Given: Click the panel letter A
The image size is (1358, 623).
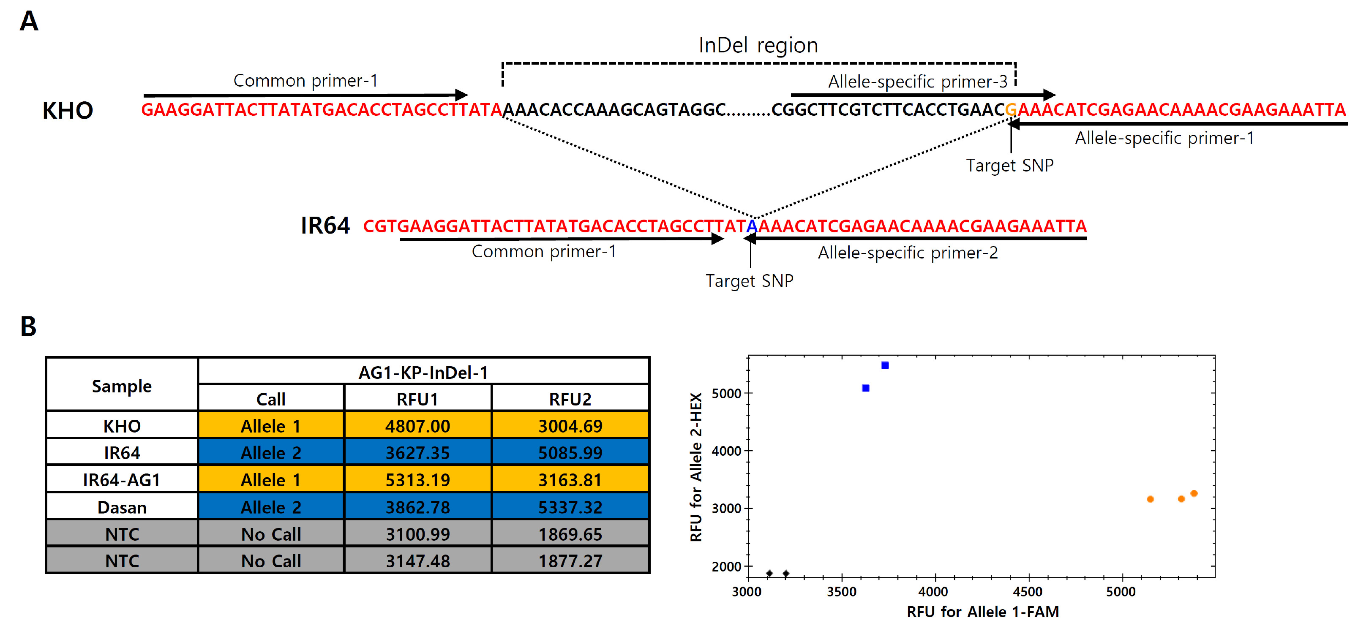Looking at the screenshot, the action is point(29,21).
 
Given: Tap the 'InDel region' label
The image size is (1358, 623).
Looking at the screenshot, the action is point(758,45).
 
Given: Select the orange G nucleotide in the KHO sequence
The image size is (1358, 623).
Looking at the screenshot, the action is point(1011,110).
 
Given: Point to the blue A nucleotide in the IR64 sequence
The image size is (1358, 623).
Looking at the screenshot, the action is point(752,226).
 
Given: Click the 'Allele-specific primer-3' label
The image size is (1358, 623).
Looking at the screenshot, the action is point(917,82).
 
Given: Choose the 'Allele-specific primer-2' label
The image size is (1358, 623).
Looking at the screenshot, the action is point(908,253).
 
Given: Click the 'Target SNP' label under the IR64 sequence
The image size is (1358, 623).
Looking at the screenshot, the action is point(749,280).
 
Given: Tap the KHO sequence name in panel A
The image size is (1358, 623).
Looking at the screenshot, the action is point(68,111).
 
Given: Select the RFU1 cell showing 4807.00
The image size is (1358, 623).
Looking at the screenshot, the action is point(417,425).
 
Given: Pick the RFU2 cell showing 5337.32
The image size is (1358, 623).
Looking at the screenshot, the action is point(570,506).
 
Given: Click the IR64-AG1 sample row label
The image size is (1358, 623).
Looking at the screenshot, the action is point(122,480).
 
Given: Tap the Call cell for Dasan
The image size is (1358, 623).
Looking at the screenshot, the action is point(271,506).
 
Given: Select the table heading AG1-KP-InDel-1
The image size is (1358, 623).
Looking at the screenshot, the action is point(423,373).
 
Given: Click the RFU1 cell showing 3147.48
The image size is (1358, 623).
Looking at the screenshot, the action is point(417,560).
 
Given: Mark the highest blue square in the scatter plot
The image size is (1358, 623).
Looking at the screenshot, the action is point(885,366).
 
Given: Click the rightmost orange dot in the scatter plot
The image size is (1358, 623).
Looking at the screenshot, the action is point(1194,493).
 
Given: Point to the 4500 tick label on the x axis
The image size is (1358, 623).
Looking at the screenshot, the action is point(1028,591).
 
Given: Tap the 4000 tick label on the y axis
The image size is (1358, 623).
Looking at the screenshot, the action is point(726,451).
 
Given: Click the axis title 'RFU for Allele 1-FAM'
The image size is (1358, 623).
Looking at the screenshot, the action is point(983,612).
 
